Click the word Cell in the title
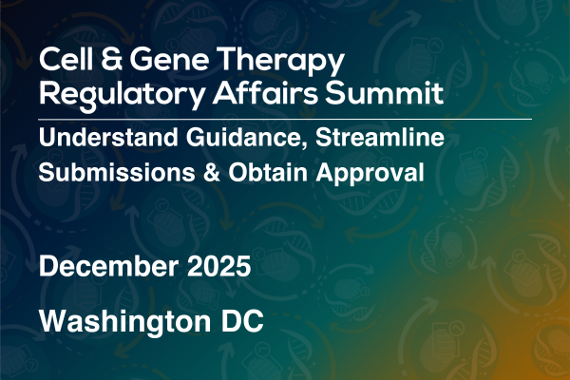point(66,59)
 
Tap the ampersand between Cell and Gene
point(111,59)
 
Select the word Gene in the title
point(169,60)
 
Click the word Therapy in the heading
point(280,62)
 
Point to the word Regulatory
point(122,95)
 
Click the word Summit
point(384,93)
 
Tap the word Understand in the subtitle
point(108,138)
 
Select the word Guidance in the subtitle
point(243,138)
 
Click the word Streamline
point(379,138)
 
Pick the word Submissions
point(117,172)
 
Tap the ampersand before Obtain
point(212,172)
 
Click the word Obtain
point(268,172)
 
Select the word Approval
point(370,175)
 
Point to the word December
point(108,266)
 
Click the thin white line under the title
point(285,119)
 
